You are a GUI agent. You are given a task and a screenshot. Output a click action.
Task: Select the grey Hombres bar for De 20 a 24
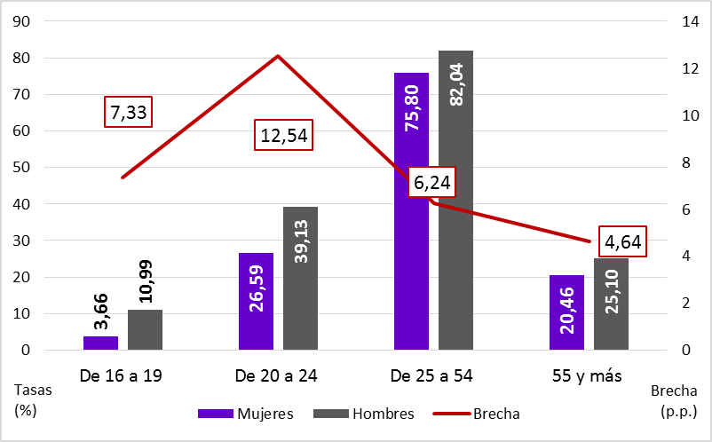(x=300, y=279)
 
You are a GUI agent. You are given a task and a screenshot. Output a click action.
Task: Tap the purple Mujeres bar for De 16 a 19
(x=100, y=343)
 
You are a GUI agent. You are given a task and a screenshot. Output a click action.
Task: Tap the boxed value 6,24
(x=434, y=184)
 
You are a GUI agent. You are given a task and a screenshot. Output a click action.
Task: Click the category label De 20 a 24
(x=276, y=375)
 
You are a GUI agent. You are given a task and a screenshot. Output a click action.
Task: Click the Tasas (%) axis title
(x=33, y=400)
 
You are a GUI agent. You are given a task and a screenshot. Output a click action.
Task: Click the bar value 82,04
(x=456, y=85)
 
